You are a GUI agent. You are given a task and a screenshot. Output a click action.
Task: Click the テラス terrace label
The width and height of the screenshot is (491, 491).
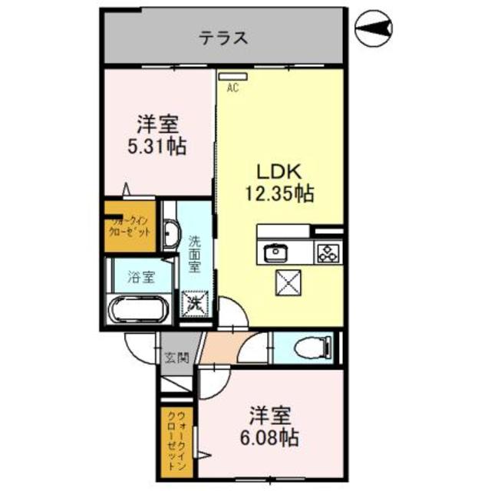click(x=223, y=37)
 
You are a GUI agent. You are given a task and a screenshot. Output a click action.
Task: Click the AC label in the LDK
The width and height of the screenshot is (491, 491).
click(x=232, y=88)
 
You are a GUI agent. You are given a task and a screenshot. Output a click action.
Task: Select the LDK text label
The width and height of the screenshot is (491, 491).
click(x=278, y=172)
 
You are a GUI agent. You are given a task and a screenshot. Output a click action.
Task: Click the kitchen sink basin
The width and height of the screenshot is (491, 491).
click(x=275, y=252)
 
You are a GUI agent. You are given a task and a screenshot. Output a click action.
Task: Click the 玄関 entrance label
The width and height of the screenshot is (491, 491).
click(x=176, y=358)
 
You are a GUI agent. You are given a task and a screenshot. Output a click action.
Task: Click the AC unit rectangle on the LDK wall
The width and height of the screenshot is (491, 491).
click(x=232, y=76)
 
